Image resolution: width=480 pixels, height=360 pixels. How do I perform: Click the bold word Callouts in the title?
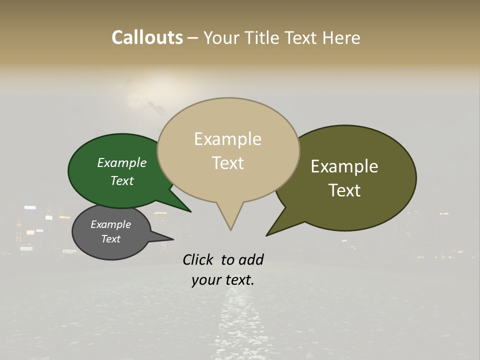click(147, 37)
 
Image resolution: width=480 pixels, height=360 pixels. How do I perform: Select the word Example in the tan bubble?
click(227, 139)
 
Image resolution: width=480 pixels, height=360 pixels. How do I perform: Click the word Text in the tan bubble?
click(227, 163)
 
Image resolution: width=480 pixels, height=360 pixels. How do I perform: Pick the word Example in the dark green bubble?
click(122, 162)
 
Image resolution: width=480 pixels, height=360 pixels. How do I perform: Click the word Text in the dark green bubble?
click(122, 180)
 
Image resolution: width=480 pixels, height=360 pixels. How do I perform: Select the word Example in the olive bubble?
click(344, 166)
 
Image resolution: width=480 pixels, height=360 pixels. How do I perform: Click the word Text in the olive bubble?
click(344, 190)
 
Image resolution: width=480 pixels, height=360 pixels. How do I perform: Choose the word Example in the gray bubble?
click(110, 224)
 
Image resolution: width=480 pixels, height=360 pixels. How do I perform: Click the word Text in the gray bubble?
click(110, 239)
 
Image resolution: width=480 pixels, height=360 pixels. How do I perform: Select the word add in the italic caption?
click(251, 259)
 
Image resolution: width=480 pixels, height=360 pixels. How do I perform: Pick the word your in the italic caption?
click(205, 280)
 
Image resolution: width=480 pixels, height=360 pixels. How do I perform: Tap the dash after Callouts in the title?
click(192, 37)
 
